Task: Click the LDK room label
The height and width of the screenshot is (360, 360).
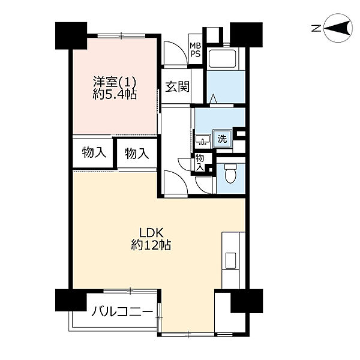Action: click(152, 233)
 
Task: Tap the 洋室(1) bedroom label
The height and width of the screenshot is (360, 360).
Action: click(115, 81)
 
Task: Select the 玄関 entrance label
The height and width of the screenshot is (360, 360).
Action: click(177, 87)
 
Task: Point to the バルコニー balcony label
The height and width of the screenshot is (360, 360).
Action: click(122, 312)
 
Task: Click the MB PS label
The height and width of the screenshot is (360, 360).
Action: click(195, 50)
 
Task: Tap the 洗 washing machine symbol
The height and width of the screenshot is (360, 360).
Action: click(222, 139)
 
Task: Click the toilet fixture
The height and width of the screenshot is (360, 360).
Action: click(230, 173)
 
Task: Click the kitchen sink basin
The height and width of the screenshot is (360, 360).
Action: click(230, 260)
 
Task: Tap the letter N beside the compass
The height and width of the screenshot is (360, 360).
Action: click(316, 29)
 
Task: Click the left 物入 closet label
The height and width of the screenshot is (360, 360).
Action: click(94, 152)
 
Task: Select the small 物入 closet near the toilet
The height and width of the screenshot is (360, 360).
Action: click(199, 163)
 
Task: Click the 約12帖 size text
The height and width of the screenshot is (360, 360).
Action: click(151, 245)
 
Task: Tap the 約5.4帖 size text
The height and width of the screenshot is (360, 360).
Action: click(115, 94)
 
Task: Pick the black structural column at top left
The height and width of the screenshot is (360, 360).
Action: click(71, 35)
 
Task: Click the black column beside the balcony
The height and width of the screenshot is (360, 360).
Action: click(71, 301)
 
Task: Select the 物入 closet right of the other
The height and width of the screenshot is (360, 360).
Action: click(137, 154)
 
